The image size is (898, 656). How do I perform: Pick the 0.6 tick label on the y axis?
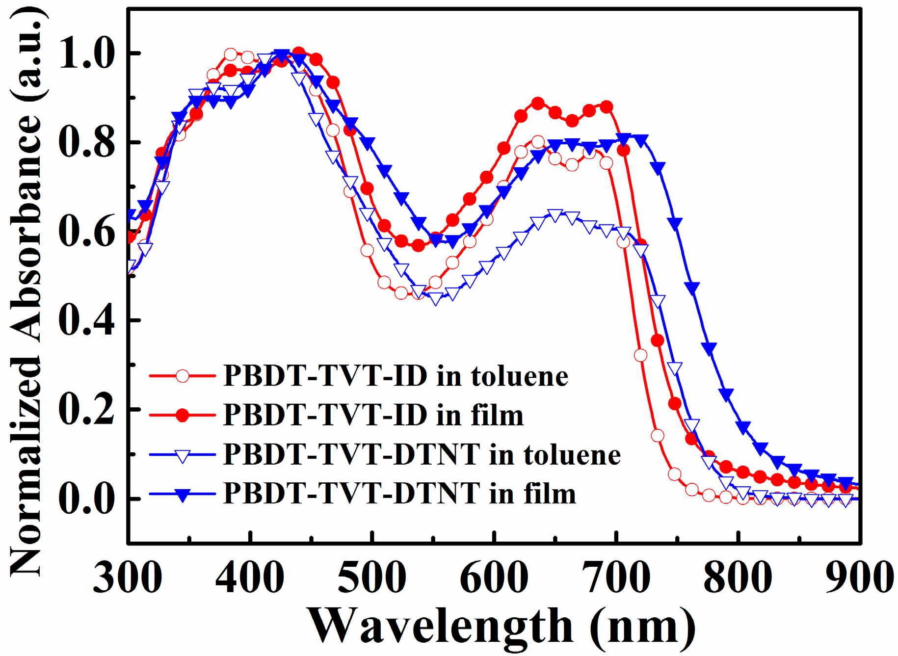pos(86,232)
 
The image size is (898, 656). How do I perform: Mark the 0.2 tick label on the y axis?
pos(86,410)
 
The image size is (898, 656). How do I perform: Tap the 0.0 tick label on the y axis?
pos(86,499)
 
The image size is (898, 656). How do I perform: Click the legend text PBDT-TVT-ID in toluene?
pos(396,376)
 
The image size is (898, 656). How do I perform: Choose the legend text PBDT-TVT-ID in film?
pos(373,416)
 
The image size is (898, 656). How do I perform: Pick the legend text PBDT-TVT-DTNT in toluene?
pos(422,454)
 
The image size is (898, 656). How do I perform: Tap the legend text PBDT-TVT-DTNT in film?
pos(399,493)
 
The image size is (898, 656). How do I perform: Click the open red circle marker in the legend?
pos(182,376)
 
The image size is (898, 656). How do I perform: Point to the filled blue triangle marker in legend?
pos(182,495)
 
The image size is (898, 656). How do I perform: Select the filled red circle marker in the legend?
pos(182,416)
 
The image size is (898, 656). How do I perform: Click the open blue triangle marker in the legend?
pos(182,456)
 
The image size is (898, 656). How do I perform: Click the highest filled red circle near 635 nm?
pos(538,104)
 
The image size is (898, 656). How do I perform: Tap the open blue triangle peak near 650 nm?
pos(555,215)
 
